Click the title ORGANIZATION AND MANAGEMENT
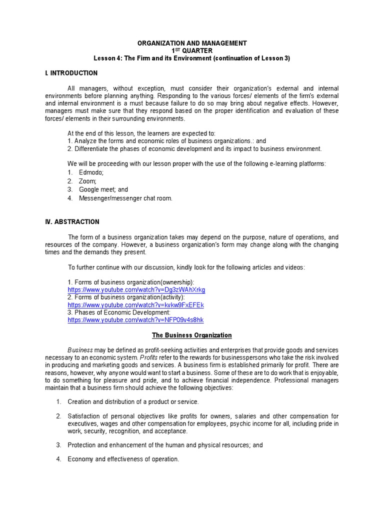pyautogui.click(x=192, y=43)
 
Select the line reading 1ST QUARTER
pyautogui.click(x=192, y=51)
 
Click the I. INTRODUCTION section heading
pyautogui.click(x=71, y=73)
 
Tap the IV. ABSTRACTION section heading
pyautogui.click(x=72, y=221)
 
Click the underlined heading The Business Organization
pyautogui.click(x=192, y=335)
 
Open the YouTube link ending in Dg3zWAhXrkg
pyautogui.click(x=136, y=290)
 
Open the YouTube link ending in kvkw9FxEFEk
pyautogui.click(x=136, y=305)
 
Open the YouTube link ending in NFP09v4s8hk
pyautogui.click(x=135, y=320)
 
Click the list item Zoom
pyautogui.click(x=87, y=181)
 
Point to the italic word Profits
pyautogui.click(x=149, y=358)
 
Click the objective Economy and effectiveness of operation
pyautogui.click(x=123, y=459)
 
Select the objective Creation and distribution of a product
pyautogui.click(x=133, y=401)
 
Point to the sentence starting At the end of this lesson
pyautogui.click(x=141, y=133)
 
